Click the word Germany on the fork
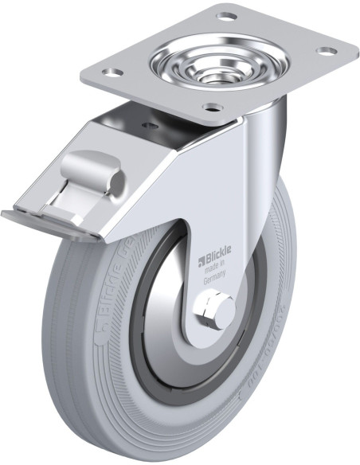pos(215,279)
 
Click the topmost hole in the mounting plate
pos(226,16)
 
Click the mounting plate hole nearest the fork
pos(210,107)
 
